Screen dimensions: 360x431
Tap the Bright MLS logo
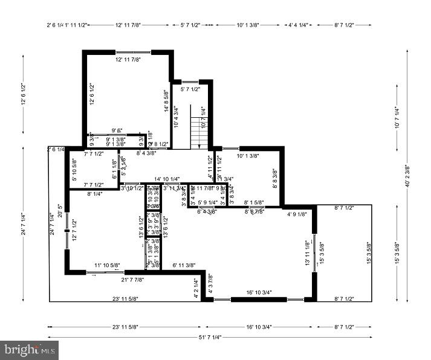click(x=30, y=349)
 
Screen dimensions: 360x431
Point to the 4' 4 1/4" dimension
click(x=298, y=25)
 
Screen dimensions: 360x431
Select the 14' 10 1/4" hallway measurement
click(x=167, y=179)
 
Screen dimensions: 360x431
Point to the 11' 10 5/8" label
click(x=106, y=265)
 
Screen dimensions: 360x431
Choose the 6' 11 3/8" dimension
click(x=185, y=265)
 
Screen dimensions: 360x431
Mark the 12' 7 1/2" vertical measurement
click(x=74, y=230)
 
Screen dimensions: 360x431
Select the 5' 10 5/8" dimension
click(x=74, y=170)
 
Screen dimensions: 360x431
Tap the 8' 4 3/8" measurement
click(x=146, y=153)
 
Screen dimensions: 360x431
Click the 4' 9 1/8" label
click(x=297, y=214)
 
